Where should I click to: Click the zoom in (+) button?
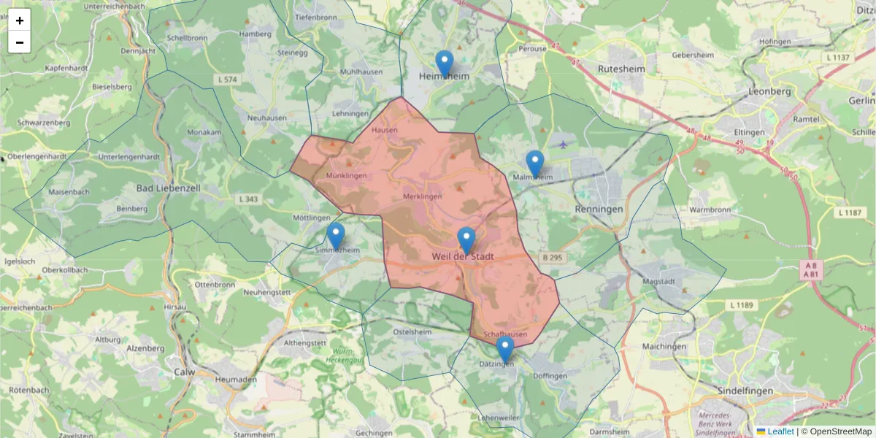click(x=20, y=20)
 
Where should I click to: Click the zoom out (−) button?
click(x=20, y=42)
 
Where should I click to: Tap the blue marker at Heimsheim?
click(x=444, y=64)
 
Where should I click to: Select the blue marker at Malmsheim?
click(x=535, y=164)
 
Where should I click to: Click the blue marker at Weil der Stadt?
click(x=466, y=240)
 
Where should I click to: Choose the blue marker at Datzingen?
click(x=504, y=349)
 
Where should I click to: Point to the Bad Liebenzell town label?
click(x=169, y=188)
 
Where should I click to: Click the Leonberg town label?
click(x=769, y=92)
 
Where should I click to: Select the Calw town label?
click(x=184, y=372)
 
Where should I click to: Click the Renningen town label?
click(x=599, y=209)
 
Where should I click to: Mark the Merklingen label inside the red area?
click(x=423, y=196)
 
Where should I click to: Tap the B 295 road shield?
click(x=552, y=258)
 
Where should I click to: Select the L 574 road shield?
click(x=228, y=79)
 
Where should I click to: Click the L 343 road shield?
click(x=248, y=199)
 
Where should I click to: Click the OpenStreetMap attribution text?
click(x=840, y=431)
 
